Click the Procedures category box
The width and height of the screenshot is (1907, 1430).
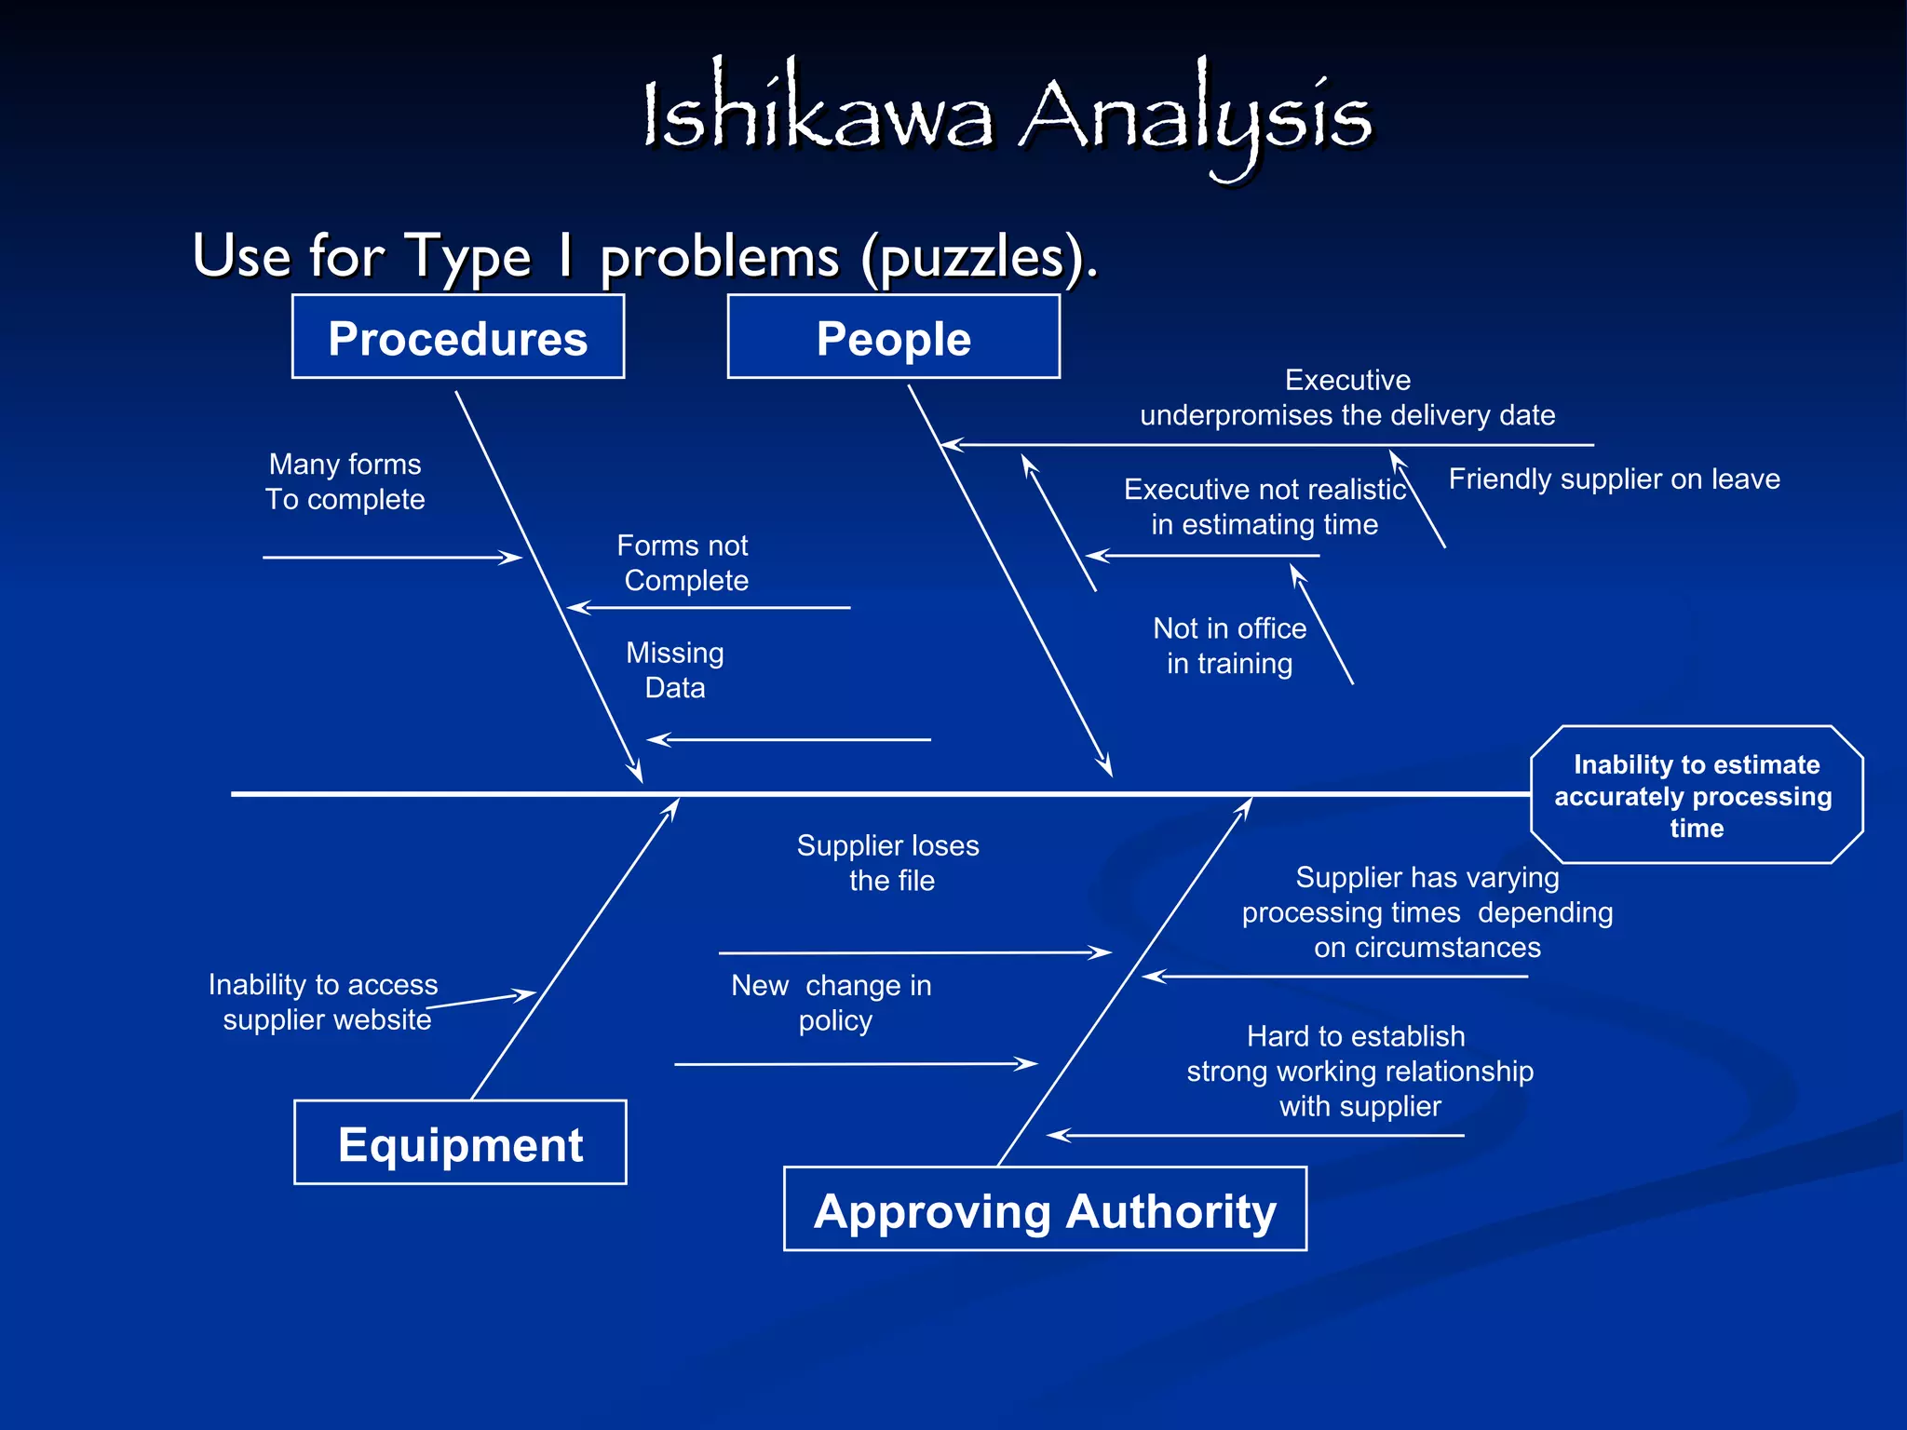[x=458, y=337]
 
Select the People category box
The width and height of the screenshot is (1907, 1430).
[x=894, y=337]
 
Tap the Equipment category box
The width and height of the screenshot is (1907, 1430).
[x=460, y=1143]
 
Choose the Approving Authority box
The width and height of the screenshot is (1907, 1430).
[x=1045, y=1209]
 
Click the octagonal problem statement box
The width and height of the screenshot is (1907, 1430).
[x=1697, y=795]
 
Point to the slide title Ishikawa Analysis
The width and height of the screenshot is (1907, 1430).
[x=1006, y=117]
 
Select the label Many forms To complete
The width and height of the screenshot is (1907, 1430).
[x=345, y=481]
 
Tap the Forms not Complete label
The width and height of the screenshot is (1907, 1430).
[x=684, y=562]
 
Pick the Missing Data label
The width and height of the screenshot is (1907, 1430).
[x=675, y=670]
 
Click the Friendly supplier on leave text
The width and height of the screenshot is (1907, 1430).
[x=1614, y=479]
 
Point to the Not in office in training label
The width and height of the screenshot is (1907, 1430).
[x=1229, y=646]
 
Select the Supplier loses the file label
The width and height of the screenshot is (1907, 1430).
[x=889, y=863]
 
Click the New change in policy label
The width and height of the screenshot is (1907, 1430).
[x=832, y=1003]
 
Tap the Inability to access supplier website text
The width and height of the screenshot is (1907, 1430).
[x=324, y=1002]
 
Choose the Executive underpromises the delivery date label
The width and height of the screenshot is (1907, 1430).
[x=1347, y=398]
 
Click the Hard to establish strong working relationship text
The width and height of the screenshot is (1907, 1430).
[x=1359, y=1071]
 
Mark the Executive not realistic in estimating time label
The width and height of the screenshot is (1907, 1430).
[x=1265, y=506]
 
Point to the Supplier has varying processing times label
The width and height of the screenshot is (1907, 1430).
[x=1427, y=912]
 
